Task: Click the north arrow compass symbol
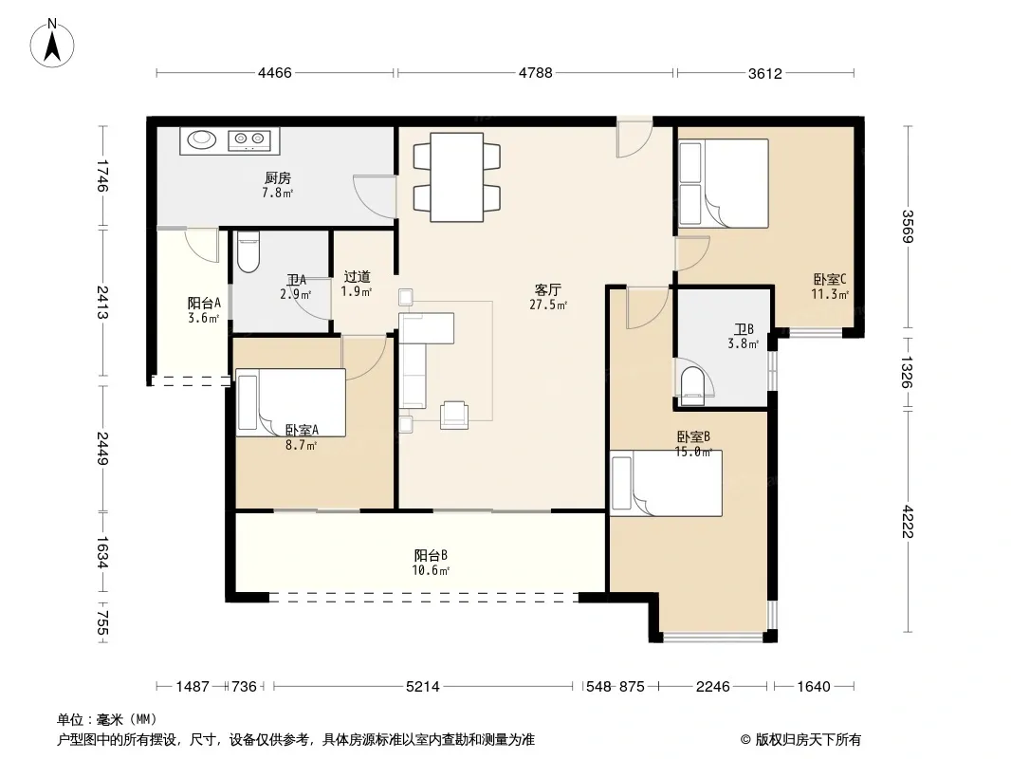pos(52,43)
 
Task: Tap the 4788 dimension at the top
pos(536,73)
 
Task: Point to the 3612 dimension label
pos(765,73)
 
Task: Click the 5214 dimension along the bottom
pos(423,687)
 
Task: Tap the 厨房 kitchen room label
pos(278,178)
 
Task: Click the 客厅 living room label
pos(548,290)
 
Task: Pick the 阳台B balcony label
pos(431,555)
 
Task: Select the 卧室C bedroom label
pos(830,280)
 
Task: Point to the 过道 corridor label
pos(358,277)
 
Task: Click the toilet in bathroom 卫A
pos(248,252)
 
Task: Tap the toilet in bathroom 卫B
pos(693,385)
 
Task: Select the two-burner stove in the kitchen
pos(249,139)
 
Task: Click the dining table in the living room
pos(457,176)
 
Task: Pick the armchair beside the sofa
pos(454,415)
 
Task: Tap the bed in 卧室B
pos(667,483)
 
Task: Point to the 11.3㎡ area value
pos(830,295)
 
